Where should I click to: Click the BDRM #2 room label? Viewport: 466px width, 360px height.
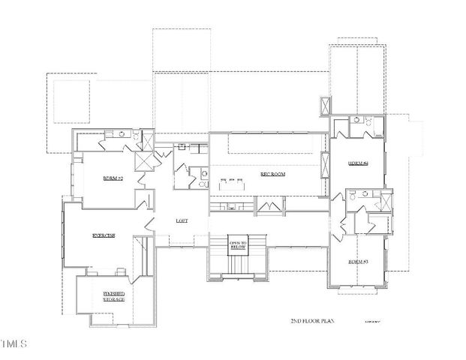(x=113, y=178)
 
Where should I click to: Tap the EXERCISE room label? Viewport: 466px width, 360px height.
(x=103, y=235)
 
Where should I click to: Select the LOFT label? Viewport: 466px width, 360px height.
(x=181, y=221)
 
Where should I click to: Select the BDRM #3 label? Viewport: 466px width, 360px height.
(x=357, y=261)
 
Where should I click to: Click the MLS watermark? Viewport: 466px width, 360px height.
(x=13, y=345)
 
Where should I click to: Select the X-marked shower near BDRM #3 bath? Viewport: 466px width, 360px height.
(x=386, y=202)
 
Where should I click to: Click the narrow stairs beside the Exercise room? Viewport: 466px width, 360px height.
(x=138, y=259)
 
